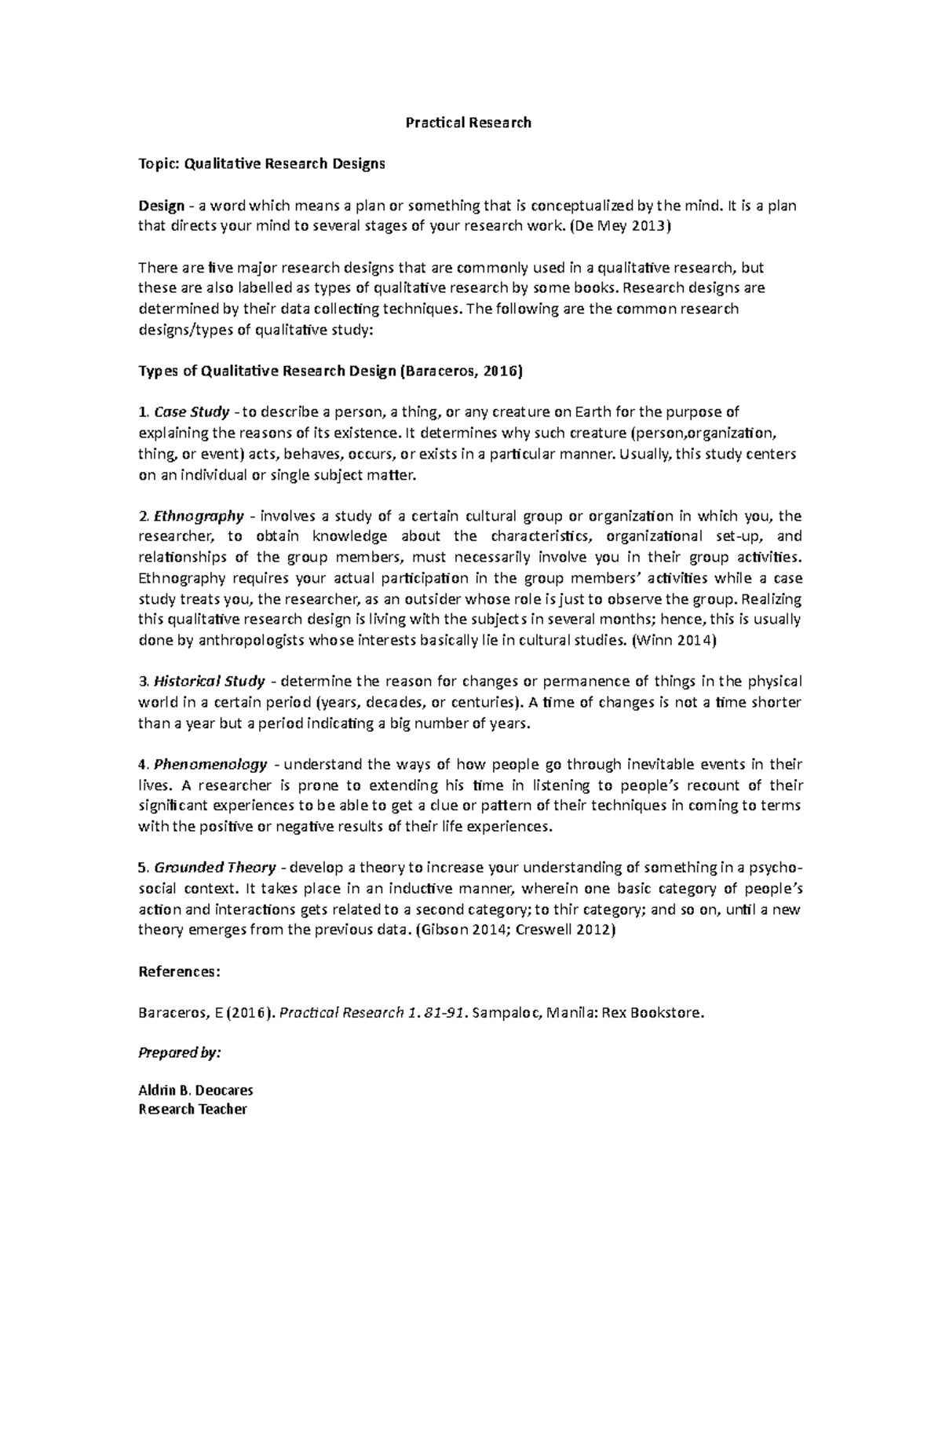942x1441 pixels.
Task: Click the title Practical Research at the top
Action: [468, 123]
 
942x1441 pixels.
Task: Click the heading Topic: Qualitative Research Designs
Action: [261, 164]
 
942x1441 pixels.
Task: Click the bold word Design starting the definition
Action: [161, 206]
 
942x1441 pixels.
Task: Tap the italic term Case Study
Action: [192, 411]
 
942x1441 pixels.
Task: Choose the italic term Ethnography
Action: [199, 516]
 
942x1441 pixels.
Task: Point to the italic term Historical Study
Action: [210, 681]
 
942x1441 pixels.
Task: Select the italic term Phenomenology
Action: [210, 764]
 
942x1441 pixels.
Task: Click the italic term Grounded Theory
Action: [215, 868]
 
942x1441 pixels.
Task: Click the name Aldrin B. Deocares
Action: [195, 1090]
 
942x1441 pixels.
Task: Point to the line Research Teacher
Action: [192, 1110]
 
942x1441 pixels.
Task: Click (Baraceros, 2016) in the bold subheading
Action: [461, 371]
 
